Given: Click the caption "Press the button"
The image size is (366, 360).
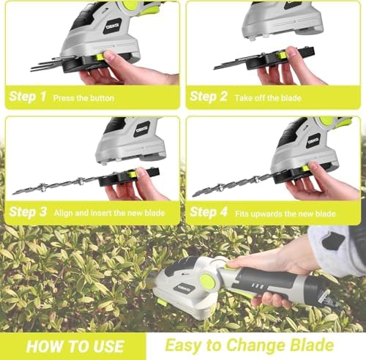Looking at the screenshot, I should pyautogui.click(x=83, y=97).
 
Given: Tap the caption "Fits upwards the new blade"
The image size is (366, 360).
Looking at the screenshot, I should pyautogui.click(x=286, y=214).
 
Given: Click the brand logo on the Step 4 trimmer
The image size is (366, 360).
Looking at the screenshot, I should pyautogui.click(x=313, y=140).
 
